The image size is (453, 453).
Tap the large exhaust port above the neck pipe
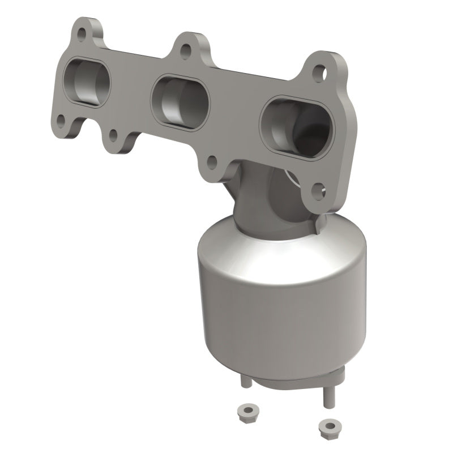click(296, 128)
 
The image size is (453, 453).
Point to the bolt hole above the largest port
click(319, 72)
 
